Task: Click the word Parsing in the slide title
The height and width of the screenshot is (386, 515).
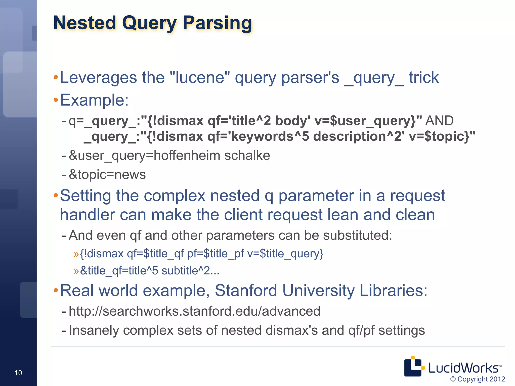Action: [x=217, y=23]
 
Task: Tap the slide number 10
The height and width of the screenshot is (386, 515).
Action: [x=18, y=373]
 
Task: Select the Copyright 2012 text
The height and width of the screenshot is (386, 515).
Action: [x=478, y=379]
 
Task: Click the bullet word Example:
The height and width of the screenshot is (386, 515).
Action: [x=94, y=100]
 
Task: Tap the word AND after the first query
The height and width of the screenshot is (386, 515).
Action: [x=440, y=121]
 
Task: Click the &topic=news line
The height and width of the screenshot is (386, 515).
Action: [x=107, y=174]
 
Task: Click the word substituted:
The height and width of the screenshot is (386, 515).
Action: [x=357, y=235]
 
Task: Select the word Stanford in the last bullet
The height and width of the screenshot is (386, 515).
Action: [x=246, y=291]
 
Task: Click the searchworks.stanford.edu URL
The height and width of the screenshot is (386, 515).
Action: [x=194, y=311]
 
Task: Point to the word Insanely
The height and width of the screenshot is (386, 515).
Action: [x=94, y=330]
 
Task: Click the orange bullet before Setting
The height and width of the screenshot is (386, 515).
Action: [x=56, y=196]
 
